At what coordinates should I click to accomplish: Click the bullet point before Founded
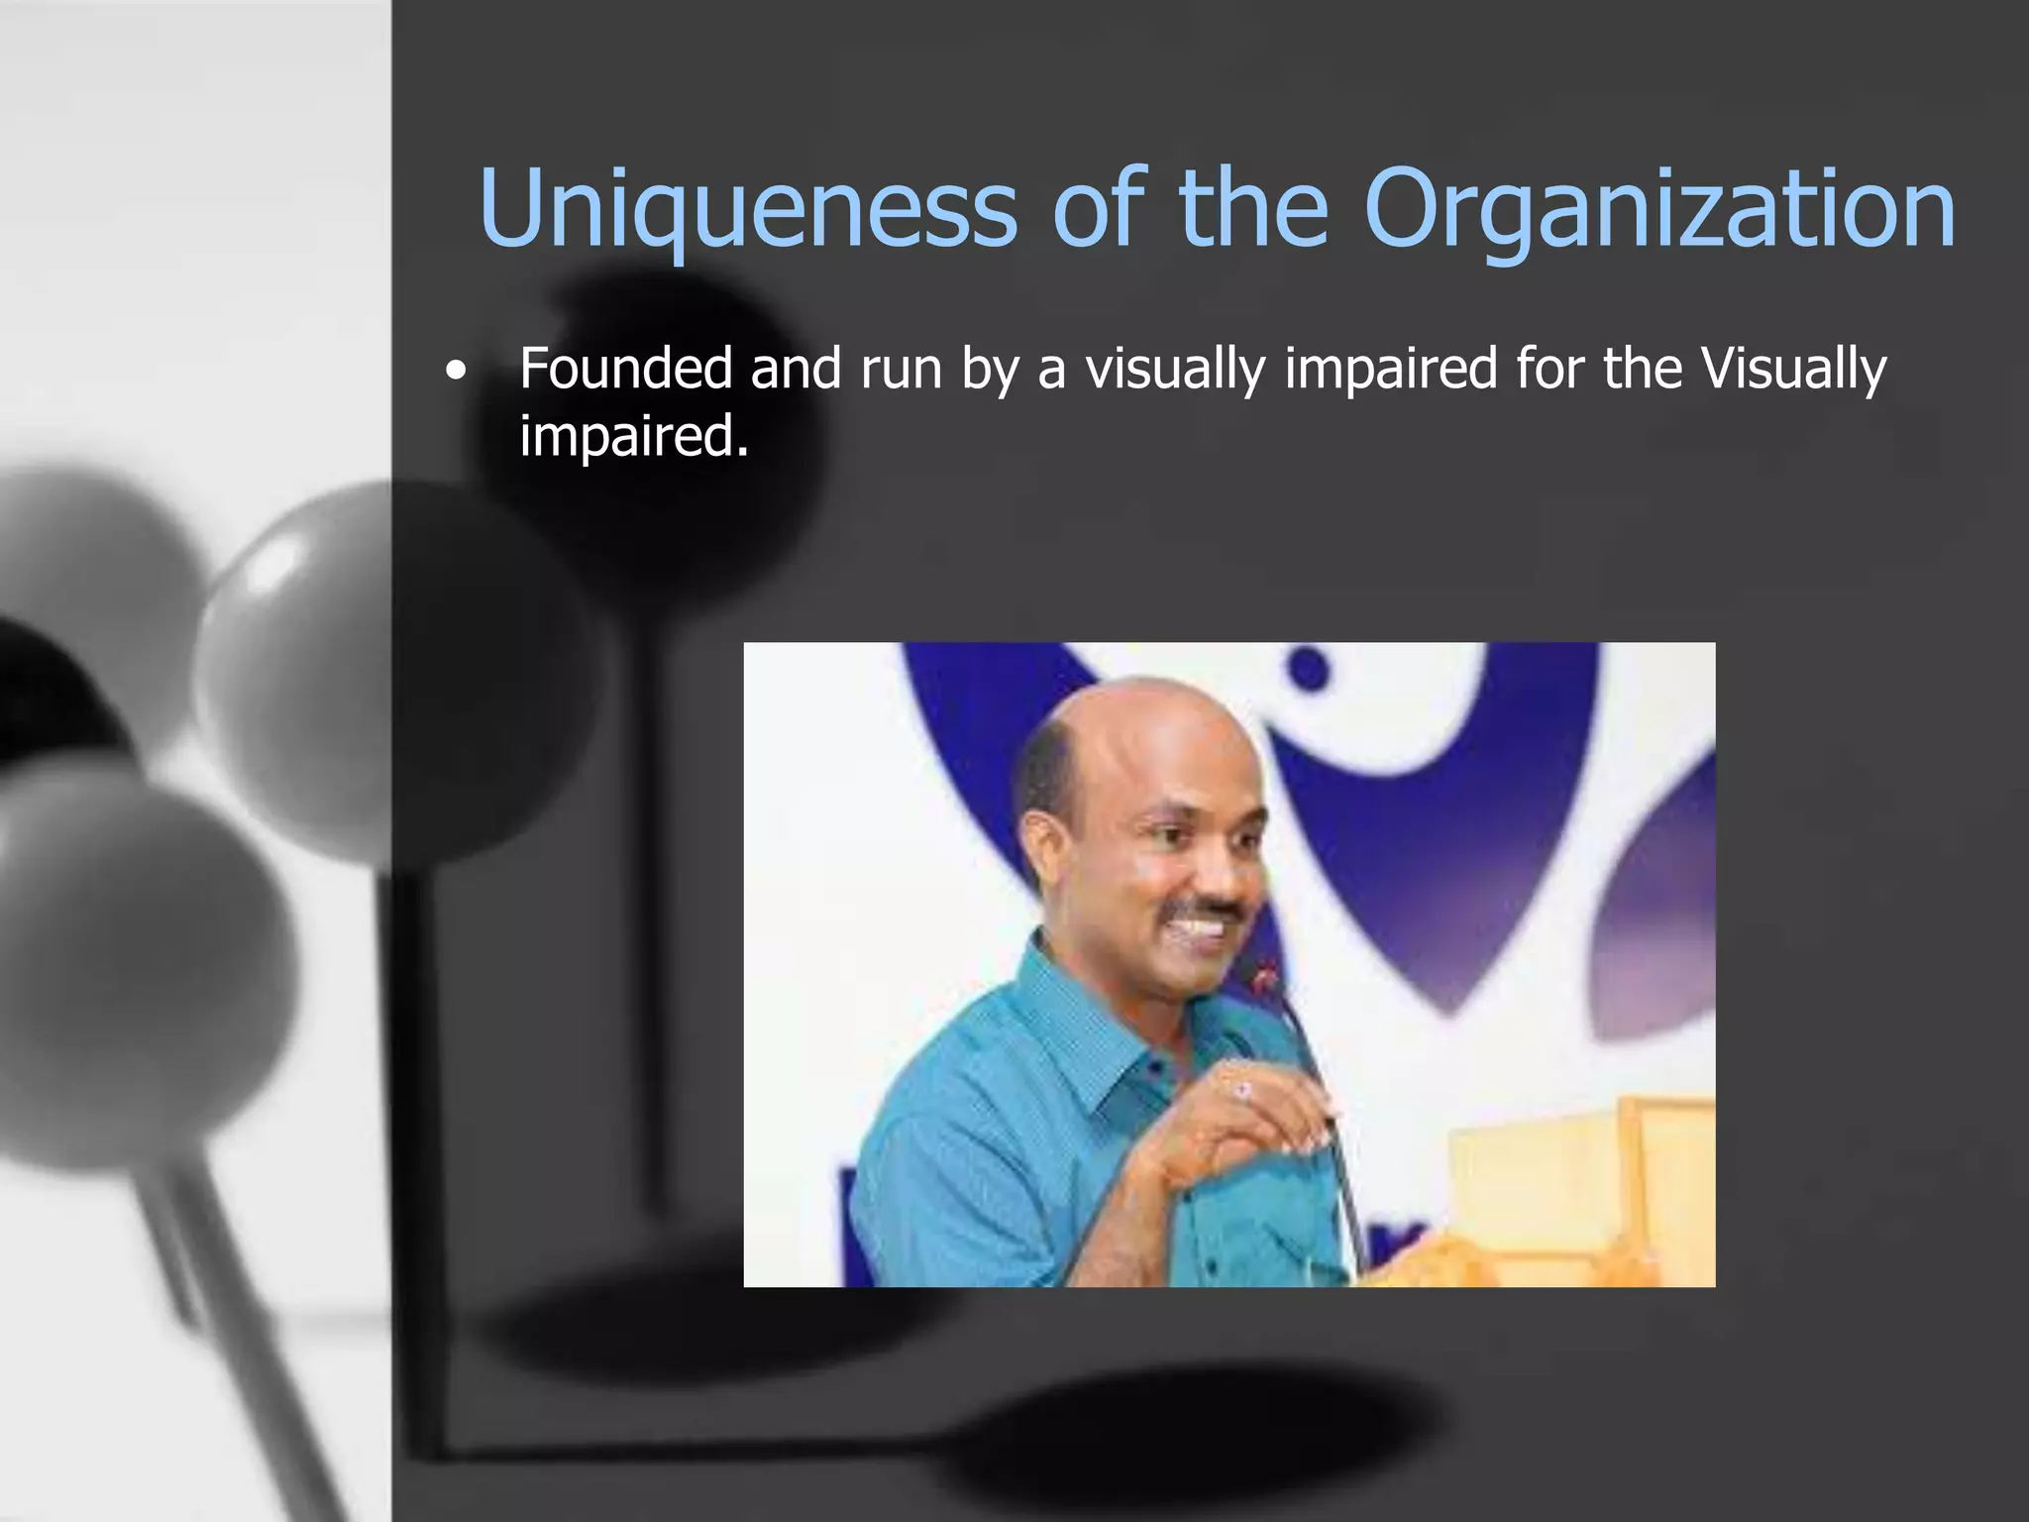455,373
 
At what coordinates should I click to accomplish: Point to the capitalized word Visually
1794,370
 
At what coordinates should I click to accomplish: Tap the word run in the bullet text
901,370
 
